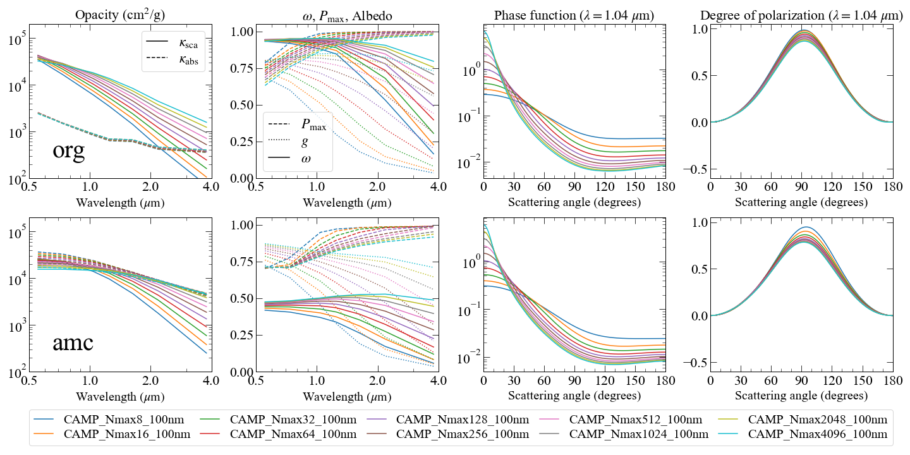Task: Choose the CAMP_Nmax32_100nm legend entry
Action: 279,419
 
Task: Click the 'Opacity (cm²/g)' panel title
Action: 120,15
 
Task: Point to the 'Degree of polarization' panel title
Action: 801,15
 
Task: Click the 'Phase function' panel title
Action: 574,15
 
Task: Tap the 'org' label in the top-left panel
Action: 69,151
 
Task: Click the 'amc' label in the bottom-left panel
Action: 73,343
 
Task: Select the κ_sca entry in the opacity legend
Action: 173,42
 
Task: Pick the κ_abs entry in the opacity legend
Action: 173,59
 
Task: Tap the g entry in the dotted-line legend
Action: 288,142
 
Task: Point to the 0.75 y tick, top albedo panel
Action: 241,68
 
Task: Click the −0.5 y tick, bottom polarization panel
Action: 695,362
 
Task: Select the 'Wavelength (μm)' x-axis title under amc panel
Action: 120,396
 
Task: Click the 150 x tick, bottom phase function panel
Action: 635,380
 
